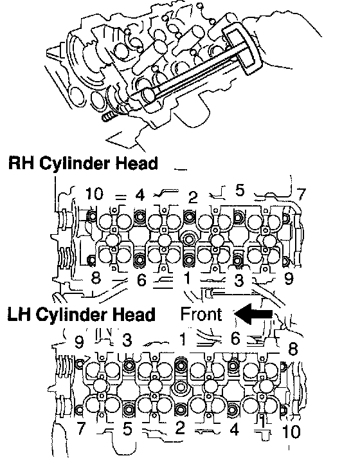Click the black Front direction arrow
click(253, 314)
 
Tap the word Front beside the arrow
click(201, 314)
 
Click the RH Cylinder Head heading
click(83, 163)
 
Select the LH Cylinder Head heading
click(81, 315)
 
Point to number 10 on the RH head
click(94, 194)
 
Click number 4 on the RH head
click(140, 195)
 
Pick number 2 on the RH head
click(193, 197)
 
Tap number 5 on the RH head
click(239, 190)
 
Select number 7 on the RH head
click(301, 194)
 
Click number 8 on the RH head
click(96, 278)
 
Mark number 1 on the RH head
click(187, 278)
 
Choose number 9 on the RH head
click(289, 279)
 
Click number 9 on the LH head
click(79, 342)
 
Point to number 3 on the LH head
click(127, 340)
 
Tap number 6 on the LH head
click(235, 338)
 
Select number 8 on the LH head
click(293, 349)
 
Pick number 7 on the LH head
click(80, 428)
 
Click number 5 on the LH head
click(127, 429)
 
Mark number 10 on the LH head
click(291, 432)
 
